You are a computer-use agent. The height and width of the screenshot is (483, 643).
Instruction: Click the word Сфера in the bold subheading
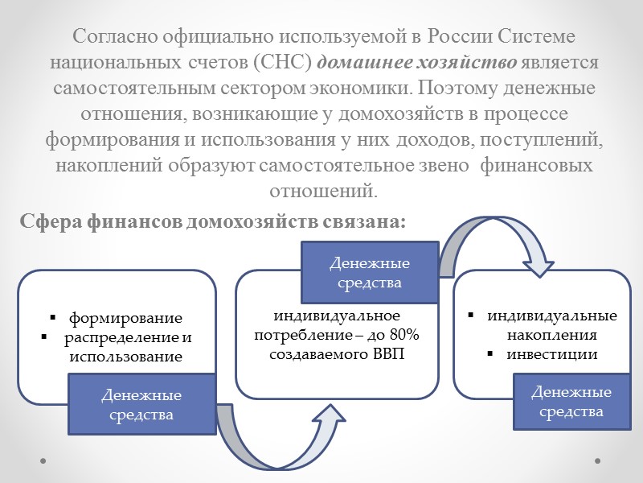(x=51, y=221)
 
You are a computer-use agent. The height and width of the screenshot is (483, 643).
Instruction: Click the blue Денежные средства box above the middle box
(x=370, y=273)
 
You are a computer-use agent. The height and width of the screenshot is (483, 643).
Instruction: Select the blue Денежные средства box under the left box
(x=141, y=405)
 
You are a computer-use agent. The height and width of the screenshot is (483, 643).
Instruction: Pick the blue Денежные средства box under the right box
(x=571, y=402)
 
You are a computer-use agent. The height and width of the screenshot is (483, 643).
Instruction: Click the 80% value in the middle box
(x=412, y=335)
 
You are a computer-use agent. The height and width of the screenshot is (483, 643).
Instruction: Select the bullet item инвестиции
(x=554, y=353)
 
